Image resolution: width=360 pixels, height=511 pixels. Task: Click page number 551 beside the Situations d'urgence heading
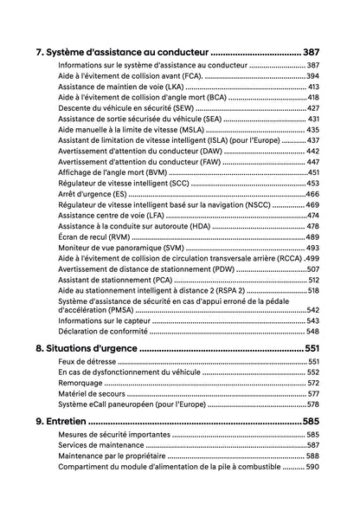[312, 348]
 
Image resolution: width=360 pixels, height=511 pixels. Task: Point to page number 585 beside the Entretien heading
[312, 421]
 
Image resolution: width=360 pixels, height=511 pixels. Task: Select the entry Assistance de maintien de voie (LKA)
[120, 87]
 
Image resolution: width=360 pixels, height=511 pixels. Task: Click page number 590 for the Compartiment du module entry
[312, 467]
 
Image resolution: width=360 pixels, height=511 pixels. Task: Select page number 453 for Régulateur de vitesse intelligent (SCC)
[312, 184]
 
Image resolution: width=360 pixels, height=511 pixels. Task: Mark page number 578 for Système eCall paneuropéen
[312, 404]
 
